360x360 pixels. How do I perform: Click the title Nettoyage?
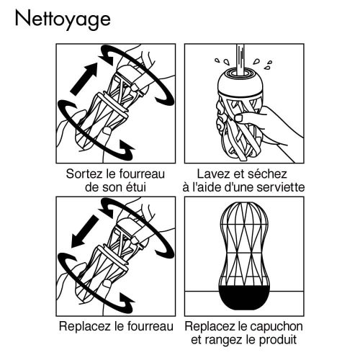click(62, 18)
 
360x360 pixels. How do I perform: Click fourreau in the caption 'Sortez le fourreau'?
click(145, 174)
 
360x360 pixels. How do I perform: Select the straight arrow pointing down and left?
click(86, 228)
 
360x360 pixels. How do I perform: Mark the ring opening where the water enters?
click(237, 73)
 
